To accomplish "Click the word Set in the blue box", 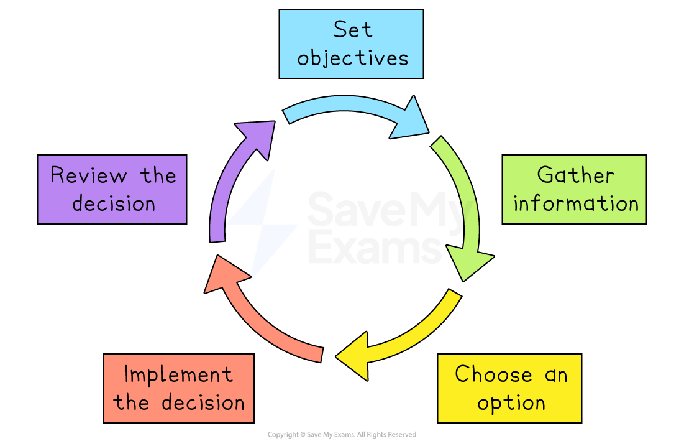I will pyautogui.click(x=352, y=29).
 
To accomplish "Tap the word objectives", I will pyautogui.click(x=352, y=58).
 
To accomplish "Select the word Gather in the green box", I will pyautogui.click(x=575, y=175).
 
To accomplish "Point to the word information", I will pyautogui.click(x=575, y=203).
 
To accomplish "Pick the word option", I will pyautogui.click(x=511, y=403).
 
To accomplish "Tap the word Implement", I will pyautogui.click(x=178, y=374).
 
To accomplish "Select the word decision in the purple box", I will pyautogui.click(x=113, y=203).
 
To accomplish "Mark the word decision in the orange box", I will pyautogui.click(x=203, y=402).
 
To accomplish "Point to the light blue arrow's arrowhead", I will pyautogui.click(x=410, y=120).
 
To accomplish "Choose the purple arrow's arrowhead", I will pyautogui.click(x=258, y=137).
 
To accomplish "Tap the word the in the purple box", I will pyautogui.click(x=158, y=175).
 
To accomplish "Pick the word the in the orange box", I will pyautogui.click(x=131, y=402).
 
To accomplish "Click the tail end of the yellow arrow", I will pyautogui.click(x=454, y=295).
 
